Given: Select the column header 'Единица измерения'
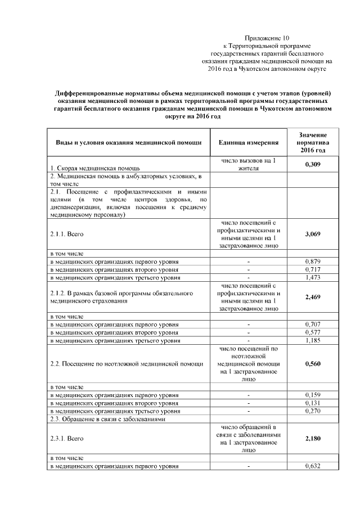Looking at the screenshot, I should point(248,142).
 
